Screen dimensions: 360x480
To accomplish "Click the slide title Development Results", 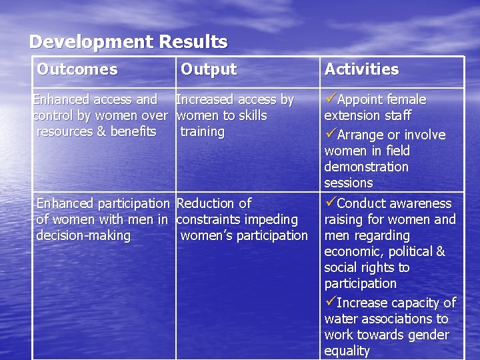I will click(x=129, y=42).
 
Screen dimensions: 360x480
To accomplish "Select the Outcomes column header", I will click(x=77, y=69).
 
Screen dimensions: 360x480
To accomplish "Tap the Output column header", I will click(x=209, y=69).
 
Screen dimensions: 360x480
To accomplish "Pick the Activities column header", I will click(x=361, y=69).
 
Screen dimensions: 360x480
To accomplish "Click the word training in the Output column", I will click(x=203, y=132).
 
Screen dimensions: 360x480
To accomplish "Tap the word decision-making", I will click(x=83, y=236).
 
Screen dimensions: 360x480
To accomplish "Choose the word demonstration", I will click(x=366, y=167).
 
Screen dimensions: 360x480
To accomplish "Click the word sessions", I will click(x=349, y=183).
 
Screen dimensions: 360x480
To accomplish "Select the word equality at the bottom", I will click(x=347, y=351).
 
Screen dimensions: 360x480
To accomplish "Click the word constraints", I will click(x=210, y=220).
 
